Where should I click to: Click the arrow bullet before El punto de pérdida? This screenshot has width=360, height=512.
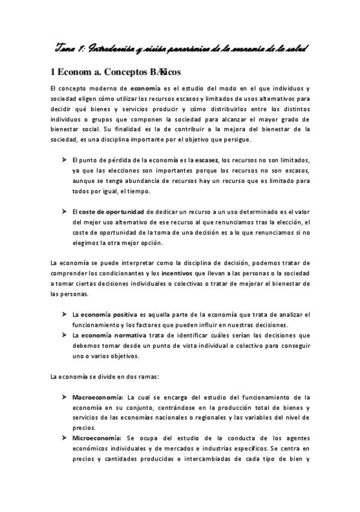pyautogui.click(x=64, y=160)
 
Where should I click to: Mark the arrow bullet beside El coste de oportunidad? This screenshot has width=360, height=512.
pyautogui.click(x=64, y=211)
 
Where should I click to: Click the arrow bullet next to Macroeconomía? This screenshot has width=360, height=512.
pyautogui.click(x=64, y=397)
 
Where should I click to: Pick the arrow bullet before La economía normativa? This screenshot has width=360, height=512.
pyautogui.click(x=64, y=334)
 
